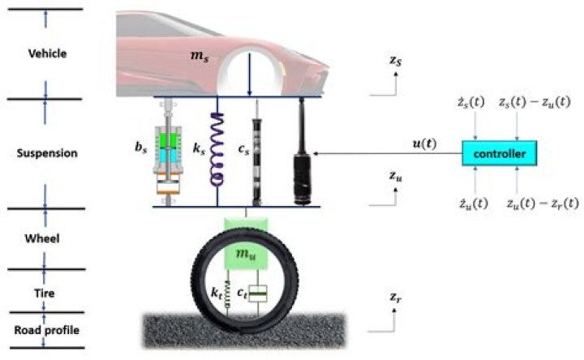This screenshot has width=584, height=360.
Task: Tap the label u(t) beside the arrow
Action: click(427, 144)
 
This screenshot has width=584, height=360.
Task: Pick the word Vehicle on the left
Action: click(47, 54)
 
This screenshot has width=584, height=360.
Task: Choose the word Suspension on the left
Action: click(47, 152)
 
